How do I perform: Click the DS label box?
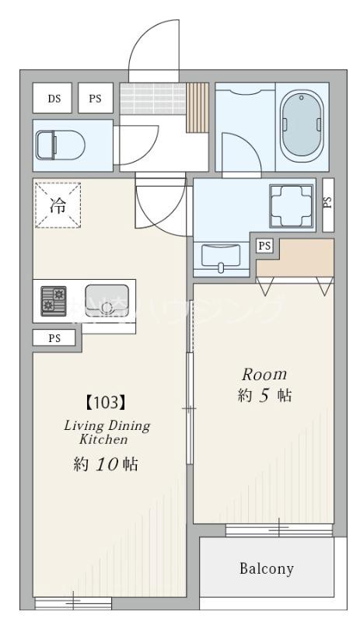[x=54, y=98]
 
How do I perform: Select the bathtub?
[x=300, y=125]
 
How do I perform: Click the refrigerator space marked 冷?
[x=58, y=205]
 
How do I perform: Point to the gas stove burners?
[x=54, y=302]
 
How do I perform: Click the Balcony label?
[x=266, y=568]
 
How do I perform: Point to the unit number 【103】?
[x=103, y=403]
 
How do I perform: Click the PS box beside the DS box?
[x=95, y=98]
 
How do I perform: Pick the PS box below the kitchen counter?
[x=54, y=338]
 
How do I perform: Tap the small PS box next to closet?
[x=265, y=246]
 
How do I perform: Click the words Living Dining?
[x=107, y=426]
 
